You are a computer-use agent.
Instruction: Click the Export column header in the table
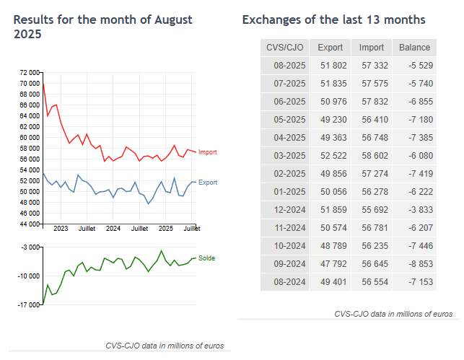tap(330, 48)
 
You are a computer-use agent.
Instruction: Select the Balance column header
tap(415, 48)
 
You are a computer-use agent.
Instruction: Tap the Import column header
tap(372, 48)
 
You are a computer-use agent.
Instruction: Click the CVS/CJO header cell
tap(285, 48)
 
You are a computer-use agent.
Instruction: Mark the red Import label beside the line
tap(207, 152)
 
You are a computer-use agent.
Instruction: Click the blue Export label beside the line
tap(207, 183)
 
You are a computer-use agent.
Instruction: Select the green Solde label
tap(206, 258)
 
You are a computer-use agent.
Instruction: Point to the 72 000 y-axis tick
tap(29, 73)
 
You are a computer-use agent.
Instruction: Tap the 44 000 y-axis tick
tap(29, 224)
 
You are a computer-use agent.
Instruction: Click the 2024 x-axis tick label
tap(113, 229)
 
